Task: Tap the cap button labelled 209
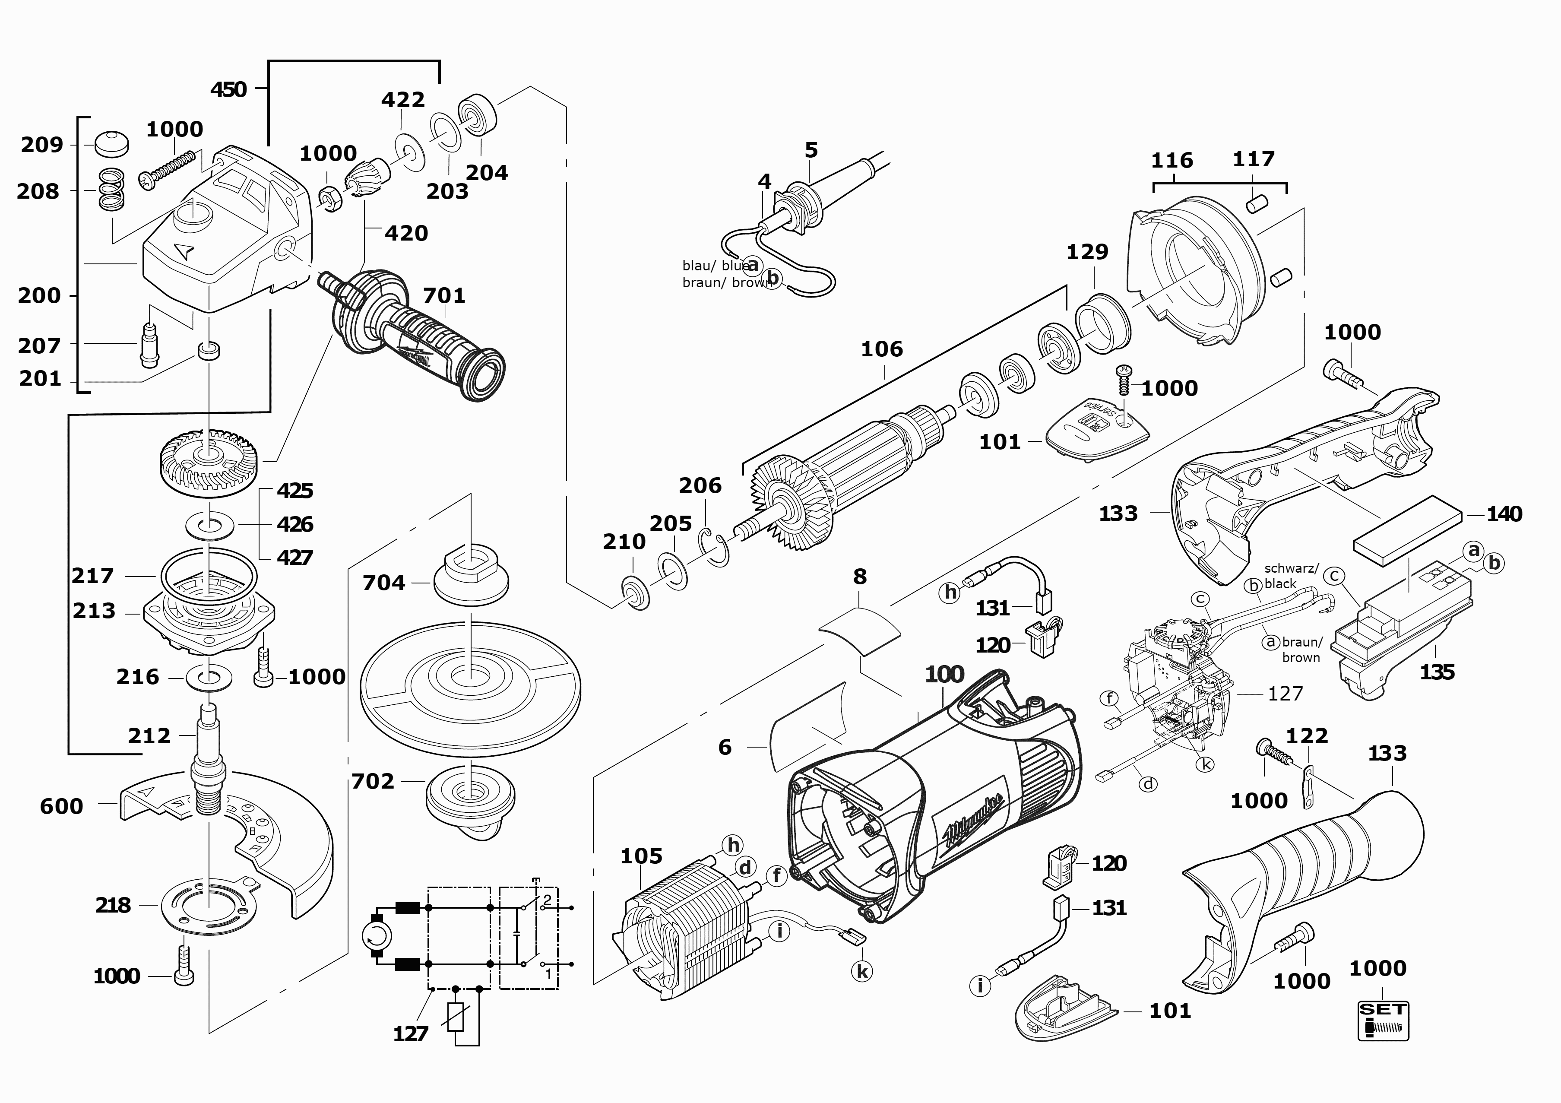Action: [x=111, y=143]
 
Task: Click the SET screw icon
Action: [x=1383, y=1020]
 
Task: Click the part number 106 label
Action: [x=882, y=349]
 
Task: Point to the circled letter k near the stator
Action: [x=862, y=971]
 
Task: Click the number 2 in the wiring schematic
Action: [x=547, y=900]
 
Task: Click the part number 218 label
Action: [x=113, y=905]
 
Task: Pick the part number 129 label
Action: [x=1087, y=252]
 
